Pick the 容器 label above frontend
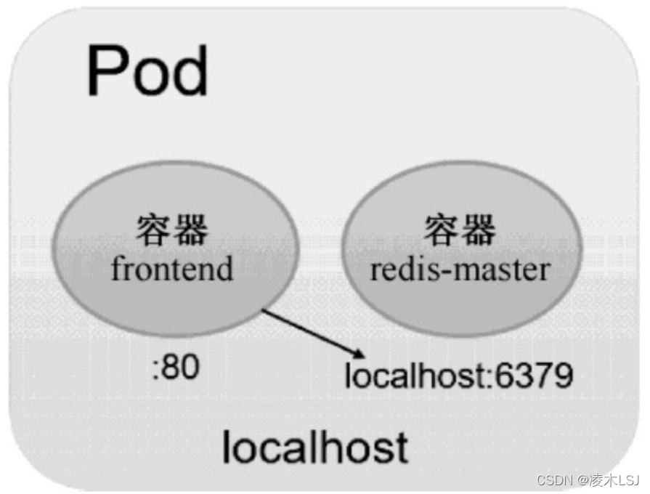pos(172,230)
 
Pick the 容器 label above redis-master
pos(460,230)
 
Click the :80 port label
pos(175,368)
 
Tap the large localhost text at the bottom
pos(314,446)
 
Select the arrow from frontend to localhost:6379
pos(312,333)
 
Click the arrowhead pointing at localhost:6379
pos(358,354)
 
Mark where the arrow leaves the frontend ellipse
pos(263,311)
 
